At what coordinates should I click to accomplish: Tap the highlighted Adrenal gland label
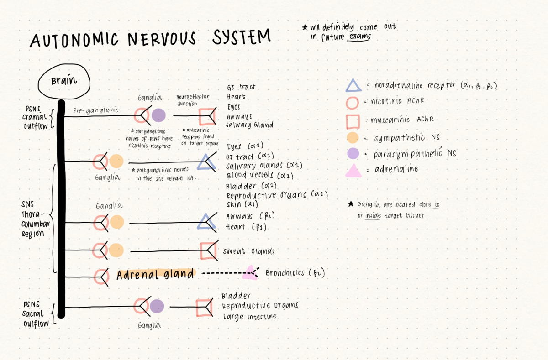(155, 275)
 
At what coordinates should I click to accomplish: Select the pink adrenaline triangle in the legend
(354, 171)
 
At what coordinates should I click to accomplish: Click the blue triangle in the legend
(354, 86)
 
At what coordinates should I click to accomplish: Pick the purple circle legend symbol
(353, 154)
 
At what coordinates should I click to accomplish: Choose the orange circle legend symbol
(353, 137)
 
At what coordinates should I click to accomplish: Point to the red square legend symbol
(353, 120)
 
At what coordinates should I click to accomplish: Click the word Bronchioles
(285, 273)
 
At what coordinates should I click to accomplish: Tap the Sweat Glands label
(249, 251)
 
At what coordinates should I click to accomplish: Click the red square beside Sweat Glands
(207, 251)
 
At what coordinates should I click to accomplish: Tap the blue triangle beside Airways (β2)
(205, 222)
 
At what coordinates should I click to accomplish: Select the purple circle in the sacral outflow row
(157, 307)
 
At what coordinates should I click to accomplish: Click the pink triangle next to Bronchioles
(250, 273)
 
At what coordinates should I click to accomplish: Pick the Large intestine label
(250, 317)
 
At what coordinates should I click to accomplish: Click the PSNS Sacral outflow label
(33, 314)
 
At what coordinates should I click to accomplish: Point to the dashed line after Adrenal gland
(221, 274)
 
